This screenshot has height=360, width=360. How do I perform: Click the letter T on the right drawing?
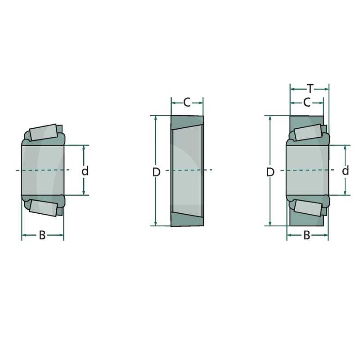coord(310,89)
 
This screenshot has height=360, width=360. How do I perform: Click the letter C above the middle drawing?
coord(187,103)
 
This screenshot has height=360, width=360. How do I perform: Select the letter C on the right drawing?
coord(307,103)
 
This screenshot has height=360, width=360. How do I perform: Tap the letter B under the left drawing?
coord(42,235)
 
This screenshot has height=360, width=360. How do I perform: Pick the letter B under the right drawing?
coord(307,235)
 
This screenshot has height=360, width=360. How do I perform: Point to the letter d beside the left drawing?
coord(85,171)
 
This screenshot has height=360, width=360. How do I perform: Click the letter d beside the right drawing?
coord(346,171)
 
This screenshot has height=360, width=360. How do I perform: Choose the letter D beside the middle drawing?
coord(156,172)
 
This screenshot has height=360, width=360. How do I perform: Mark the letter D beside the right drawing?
coord(270,172)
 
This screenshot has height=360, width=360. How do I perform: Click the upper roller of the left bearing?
coord(43,132)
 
